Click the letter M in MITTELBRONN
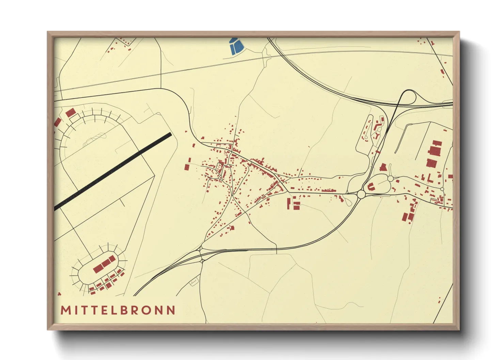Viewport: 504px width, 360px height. click(x=65, y=310)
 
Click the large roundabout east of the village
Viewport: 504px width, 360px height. click(x=361, y=194)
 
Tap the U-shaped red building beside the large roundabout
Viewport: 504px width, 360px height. click(x=371, y=186)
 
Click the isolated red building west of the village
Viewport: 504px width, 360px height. click(x=187, y=167)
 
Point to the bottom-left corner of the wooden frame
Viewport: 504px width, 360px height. click(x=48, y=329)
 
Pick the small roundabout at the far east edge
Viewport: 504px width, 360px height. click(x=442, y=189)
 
